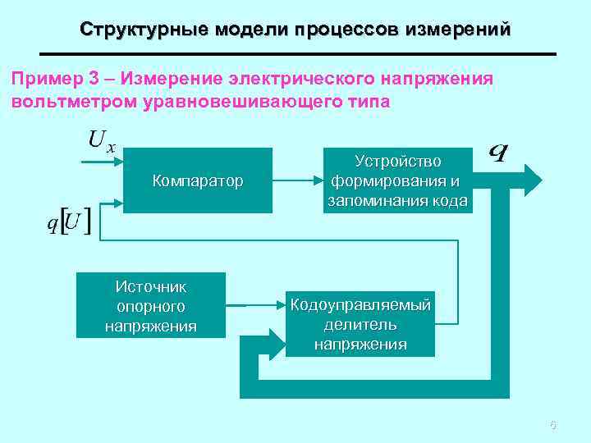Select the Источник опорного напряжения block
(x=151, y=306)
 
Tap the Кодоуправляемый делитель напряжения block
(x=360, y=324)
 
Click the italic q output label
(x=497, y=153)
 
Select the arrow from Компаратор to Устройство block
(x=295, y=180)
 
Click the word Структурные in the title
(x=144, y=30)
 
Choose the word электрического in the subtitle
(x=305, y=80)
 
